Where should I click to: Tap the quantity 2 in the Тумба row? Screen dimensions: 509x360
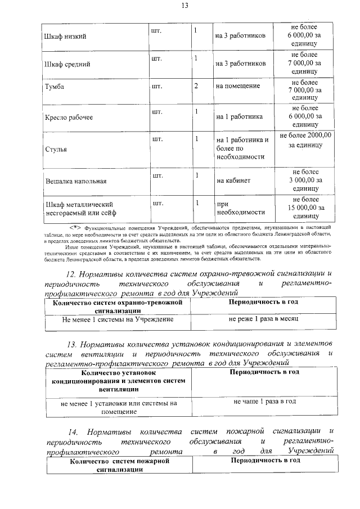tap(196, 86)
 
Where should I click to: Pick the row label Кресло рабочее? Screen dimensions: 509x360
tap(69, 118)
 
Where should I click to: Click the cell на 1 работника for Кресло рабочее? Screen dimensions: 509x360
tap(239, 117)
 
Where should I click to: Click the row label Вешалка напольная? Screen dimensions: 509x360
tap(75, 182)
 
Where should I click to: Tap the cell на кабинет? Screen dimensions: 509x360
tap(233, 181)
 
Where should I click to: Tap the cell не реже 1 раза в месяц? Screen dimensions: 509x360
tap(263, 318)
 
